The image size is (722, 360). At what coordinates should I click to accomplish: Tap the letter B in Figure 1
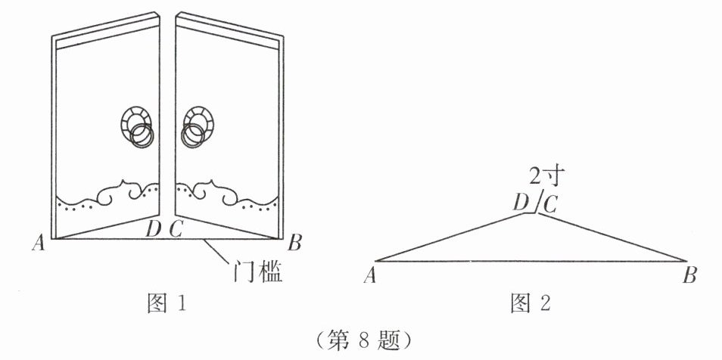coord(295,243)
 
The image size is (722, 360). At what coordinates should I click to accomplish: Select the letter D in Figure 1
coord(154,228)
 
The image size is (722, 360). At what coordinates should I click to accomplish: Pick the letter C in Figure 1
coord(175,228)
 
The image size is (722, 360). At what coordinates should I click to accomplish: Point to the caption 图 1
coord(165,304)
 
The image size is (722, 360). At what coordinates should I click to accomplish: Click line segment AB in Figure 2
coord(530,261)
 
